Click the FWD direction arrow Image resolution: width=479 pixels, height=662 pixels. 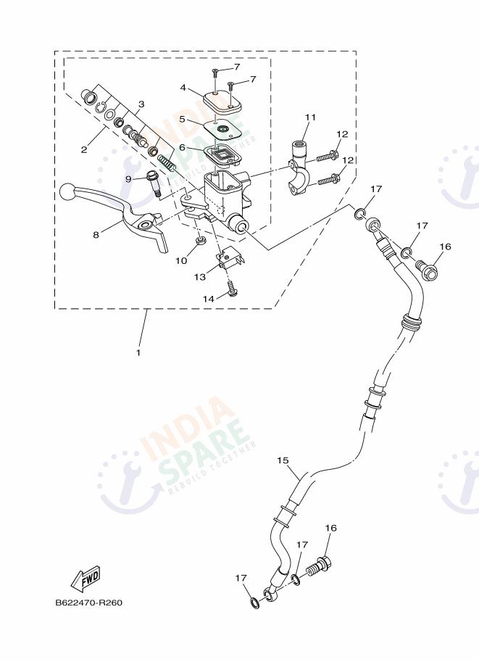[86, 578]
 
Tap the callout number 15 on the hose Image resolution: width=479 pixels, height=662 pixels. [283, 460]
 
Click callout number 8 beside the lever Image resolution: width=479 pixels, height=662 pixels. [96, 234]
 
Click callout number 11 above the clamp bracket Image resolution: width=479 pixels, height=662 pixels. [311, 117]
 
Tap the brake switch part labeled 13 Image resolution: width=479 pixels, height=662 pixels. [231, 258]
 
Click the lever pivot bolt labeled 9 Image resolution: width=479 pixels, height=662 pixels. [154, 185]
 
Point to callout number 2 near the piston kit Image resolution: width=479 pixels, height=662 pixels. [84, 150]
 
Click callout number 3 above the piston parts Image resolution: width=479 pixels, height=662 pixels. [141, 104]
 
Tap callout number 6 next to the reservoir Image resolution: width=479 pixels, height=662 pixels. [183, 147]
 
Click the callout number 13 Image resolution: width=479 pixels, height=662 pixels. [199, 276]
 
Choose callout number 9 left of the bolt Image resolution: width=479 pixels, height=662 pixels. [128, 178]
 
